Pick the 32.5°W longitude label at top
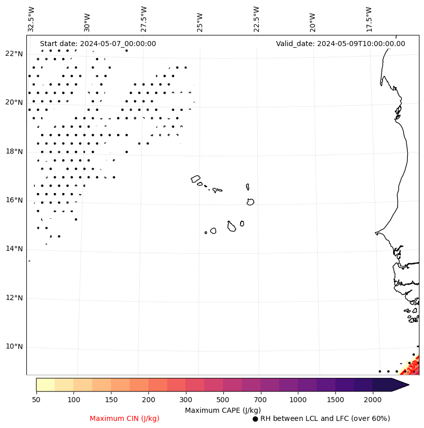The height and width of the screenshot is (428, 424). pyautogui.click(x=31, y=19)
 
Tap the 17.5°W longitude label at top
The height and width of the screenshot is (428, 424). pyautogui.click(x=369, y=19)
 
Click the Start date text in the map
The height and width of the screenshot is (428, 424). pyautogui.click(x=98, y=44)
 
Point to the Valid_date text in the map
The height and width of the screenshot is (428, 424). pyautogui.click(x=340, y=44)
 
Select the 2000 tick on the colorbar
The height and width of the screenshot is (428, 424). pyautogui.click(x=373, y=400)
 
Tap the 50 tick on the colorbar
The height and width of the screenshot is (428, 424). pyautogui.click(x=36, y=400)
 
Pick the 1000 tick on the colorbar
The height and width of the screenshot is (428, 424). pyautogui.click(x=298, y=400)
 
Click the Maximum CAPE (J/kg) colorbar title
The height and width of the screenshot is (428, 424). pyautogui.click(x=223, y=410)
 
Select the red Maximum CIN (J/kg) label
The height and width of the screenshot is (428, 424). pyautogui.click(x=125, y=418)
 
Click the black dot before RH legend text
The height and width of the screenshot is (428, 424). pyautogui.click(x=255, y=419)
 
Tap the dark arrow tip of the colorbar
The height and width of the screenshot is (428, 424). pyautogui.click(x=403, y=384)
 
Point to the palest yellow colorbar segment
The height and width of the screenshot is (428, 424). pyautogui.click(x=45, y=384)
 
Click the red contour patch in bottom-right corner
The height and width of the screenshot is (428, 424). pyautogui.click(x=413, y=366)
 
